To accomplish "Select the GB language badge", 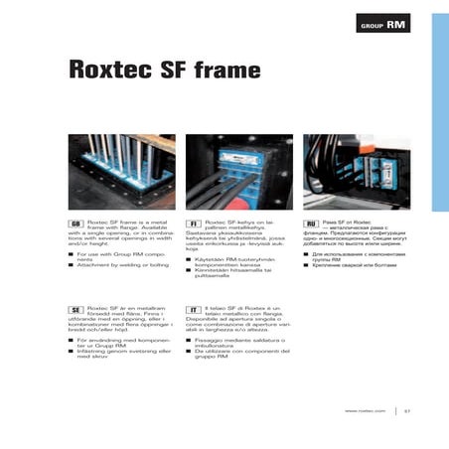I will tap(75, 225).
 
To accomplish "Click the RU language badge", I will tap(311, 225).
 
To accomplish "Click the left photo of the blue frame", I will tap(120, 172).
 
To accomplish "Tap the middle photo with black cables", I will tap(238, 172).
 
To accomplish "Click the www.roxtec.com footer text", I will tap(365, 410).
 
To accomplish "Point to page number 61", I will tap(407, 410).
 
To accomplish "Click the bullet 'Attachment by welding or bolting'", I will tap(124, 265).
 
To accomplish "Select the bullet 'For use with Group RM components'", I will tap(123, 255).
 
